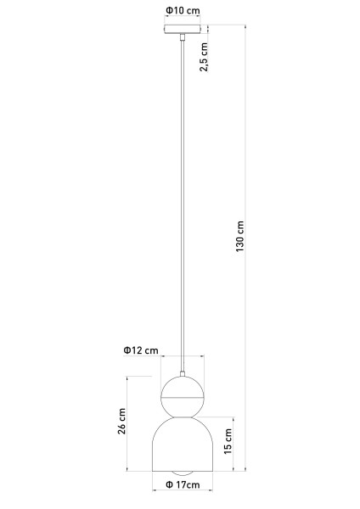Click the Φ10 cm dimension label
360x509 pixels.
[x=183, y=10]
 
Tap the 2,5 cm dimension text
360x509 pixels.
[x=204, y=57]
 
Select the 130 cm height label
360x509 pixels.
[x=239, y=237]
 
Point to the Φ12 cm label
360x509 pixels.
[x=141, y=350]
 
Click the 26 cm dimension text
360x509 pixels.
[x=121, y=422]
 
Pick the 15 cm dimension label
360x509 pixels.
[x=228, y=441]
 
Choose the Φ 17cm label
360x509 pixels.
[x=183, y=484]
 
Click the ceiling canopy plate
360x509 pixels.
[x=183, y=29]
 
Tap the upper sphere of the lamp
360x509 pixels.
[x=183, y=397]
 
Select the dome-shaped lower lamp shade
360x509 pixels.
[x=183, y=444]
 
